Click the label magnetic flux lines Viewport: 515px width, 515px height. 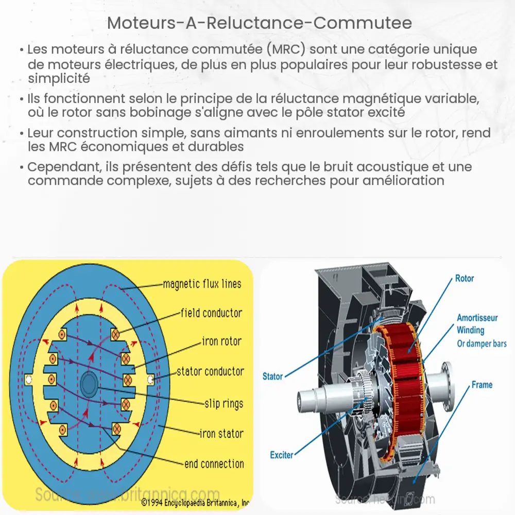201,284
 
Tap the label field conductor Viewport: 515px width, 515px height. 211,313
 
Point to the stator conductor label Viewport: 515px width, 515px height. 210,371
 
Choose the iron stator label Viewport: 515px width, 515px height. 221,434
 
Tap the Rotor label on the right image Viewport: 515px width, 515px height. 465,279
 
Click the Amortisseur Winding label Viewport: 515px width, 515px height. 471,323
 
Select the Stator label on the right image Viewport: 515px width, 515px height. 272,376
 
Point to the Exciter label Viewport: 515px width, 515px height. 281,455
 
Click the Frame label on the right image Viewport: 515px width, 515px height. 482,385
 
